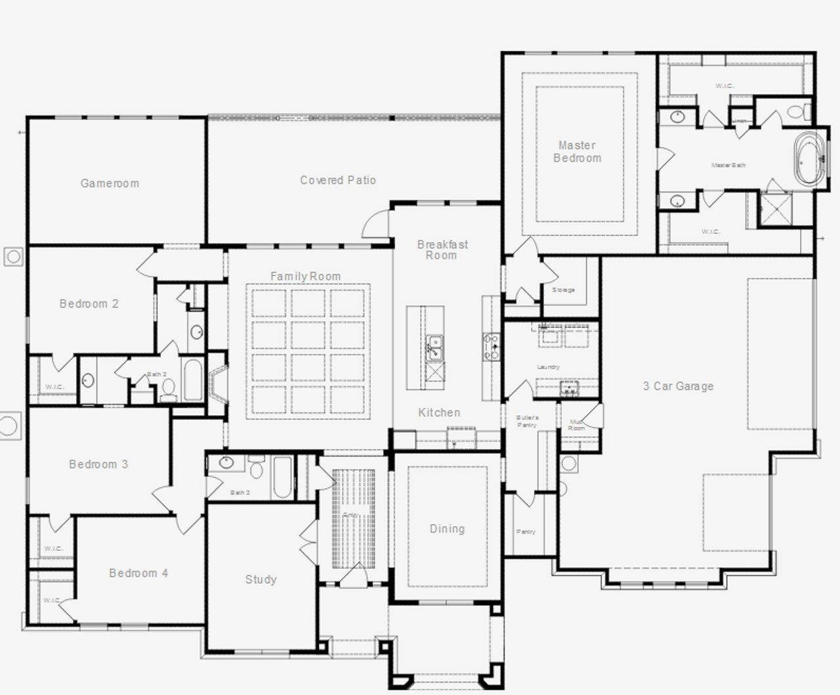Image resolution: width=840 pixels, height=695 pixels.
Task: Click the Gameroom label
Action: pyautogui.click(x=110, y=183)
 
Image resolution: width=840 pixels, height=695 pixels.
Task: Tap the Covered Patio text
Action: pyautogui.click(x=338, y=180)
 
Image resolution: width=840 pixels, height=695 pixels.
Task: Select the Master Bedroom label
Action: pyautogui.click(x=577, y=152)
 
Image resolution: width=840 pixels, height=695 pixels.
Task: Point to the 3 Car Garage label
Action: pyautogui.click(x=678, y=386)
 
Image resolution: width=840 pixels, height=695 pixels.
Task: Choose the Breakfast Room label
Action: pyautogui.click(x=442, y=250)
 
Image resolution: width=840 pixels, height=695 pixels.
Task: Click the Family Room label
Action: pyautogui.click(x=306, y=277)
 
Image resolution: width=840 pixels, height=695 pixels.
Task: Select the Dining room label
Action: pyautogui.click(x=447, y=529)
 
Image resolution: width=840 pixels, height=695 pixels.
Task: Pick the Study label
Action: pyautogui.click(x=261, y=579)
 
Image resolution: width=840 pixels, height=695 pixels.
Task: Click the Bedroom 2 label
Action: pyautogui.click(x=89, y=303)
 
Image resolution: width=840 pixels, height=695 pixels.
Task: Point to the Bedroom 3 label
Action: pyautogui.click(x=98, y=464)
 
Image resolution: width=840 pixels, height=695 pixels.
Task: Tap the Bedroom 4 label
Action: pyautogui.click(x=138, y=573)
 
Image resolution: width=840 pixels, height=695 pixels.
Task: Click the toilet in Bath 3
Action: pyautogui.click(x=256, y=469)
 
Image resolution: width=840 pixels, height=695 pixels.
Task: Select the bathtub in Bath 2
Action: pyautogui.click(x=192, y=380)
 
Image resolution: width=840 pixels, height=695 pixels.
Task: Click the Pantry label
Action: pyautogui.click(x=526, y=532)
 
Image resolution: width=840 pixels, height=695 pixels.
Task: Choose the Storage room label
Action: pyautogui.click(x=563, y=290)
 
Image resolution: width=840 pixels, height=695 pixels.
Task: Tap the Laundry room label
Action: pyautogui.click(x=548, y=367)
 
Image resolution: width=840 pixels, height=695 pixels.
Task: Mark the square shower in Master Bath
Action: pyautogui.click(x=776, y=209)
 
